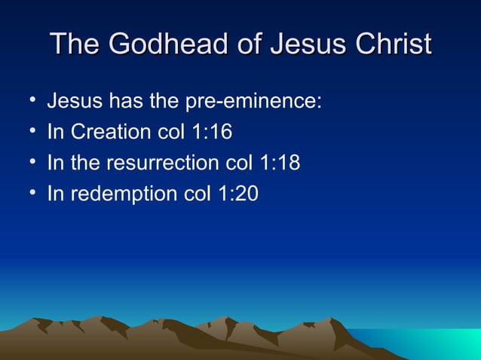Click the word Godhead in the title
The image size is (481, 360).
pos(164,44)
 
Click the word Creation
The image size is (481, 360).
pos(110,132)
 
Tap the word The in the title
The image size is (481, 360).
pos(75,44)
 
